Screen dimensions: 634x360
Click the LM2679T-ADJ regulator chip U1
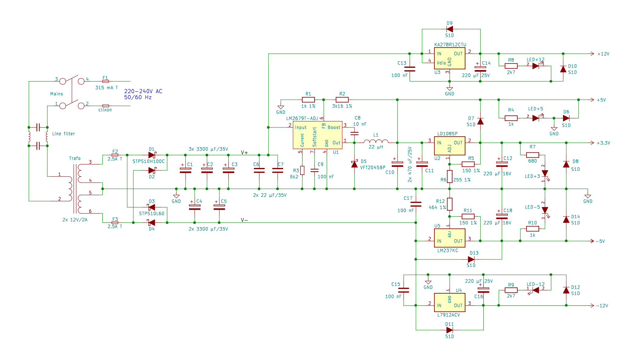(317, 135)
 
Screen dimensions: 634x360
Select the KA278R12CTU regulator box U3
(450, 58)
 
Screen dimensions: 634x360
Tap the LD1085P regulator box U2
(450, 146)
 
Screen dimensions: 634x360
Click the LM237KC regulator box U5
(450, 238)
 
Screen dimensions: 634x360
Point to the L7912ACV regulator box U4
(450, 302)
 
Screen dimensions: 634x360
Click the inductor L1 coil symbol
(376, 141)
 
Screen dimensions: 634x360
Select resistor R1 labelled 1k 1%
(308, 100)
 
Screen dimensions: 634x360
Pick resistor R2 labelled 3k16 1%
(342, 100)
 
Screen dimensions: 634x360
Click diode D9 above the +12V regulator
(450, 29)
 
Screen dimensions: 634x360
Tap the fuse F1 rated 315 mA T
(105, 81)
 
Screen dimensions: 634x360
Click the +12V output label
(603, 54)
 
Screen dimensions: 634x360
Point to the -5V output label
(600, 241)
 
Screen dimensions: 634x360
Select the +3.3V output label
(603, 143)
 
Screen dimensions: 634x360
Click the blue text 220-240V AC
(143, 91)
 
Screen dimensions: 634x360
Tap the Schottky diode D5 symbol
(354, 164)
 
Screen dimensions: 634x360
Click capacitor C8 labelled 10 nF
(354, 133)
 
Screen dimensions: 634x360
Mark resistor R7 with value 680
(532, 155)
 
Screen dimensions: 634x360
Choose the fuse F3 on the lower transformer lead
(115, 223)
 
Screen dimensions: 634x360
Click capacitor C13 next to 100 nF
(410, 69)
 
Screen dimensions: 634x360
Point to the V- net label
(244, 220)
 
